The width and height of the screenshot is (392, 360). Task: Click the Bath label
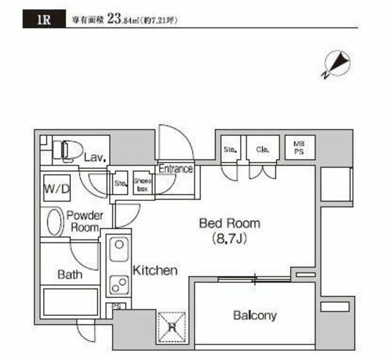point(70,275)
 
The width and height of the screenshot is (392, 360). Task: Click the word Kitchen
point(156,270)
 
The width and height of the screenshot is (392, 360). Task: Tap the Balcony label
point(254,316)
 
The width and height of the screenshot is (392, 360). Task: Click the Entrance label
point(176,169)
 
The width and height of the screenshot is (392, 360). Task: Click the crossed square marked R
point(172,324)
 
